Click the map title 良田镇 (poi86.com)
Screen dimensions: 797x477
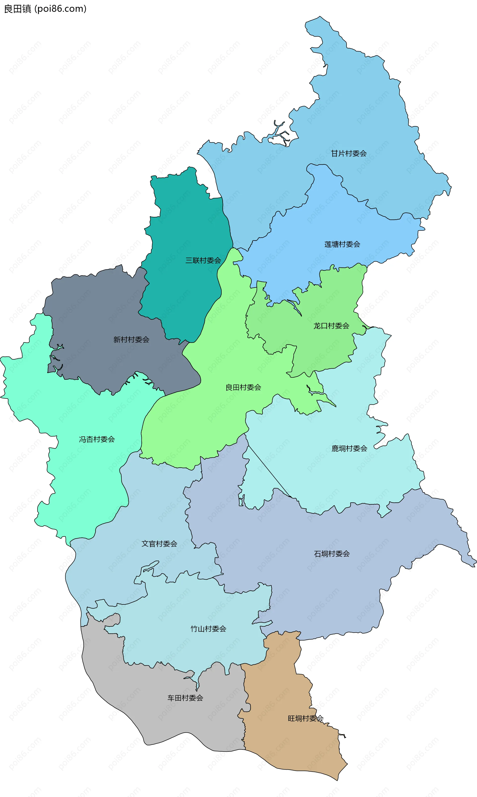tap(45, 9)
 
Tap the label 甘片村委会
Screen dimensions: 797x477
tap(349, 153)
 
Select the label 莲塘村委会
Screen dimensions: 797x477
tap(342, 244)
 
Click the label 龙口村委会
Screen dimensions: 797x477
tap(331, 326)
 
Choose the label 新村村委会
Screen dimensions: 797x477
tap(131, 340)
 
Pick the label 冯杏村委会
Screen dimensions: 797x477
tap(97, 439)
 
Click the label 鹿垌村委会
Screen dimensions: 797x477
tap(349, 448)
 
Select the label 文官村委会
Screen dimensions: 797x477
tap(159, 544)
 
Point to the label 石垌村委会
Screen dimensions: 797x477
tap(332, 554)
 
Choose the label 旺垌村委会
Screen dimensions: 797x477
tap(305, 718)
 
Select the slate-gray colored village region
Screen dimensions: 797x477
tap(96, 309)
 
